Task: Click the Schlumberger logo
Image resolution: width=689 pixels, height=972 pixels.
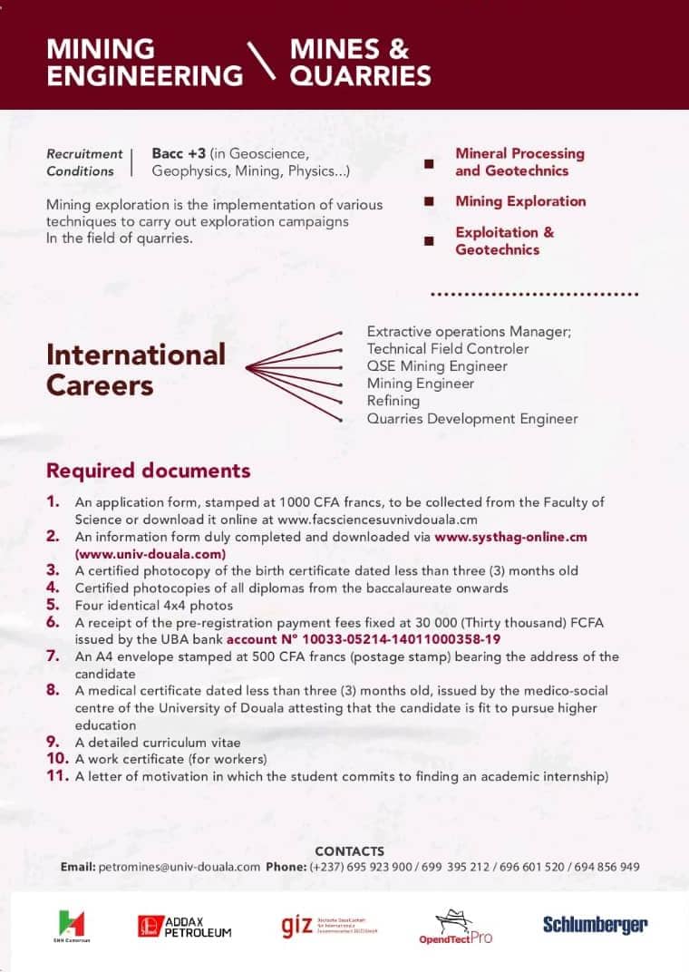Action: point(595,925)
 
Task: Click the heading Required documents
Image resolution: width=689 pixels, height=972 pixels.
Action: point(148,471)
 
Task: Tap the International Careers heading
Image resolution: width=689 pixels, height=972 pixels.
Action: point(136,369)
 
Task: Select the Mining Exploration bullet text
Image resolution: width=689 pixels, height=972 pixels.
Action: point(520,201)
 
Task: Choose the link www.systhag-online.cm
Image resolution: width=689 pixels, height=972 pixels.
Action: point(510,537)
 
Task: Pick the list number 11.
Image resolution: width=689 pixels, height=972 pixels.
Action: point(57,776)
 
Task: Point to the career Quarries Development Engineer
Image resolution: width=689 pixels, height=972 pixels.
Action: point(471,418)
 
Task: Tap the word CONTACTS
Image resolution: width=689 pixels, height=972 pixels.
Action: point(349,851)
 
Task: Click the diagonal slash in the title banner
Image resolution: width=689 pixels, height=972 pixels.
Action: point(265,63)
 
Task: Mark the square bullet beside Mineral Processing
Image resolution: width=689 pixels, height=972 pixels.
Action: point(429,163)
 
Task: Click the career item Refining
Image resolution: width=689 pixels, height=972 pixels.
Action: point(393,401)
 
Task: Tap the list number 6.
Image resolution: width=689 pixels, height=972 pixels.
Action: point(53,622)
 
